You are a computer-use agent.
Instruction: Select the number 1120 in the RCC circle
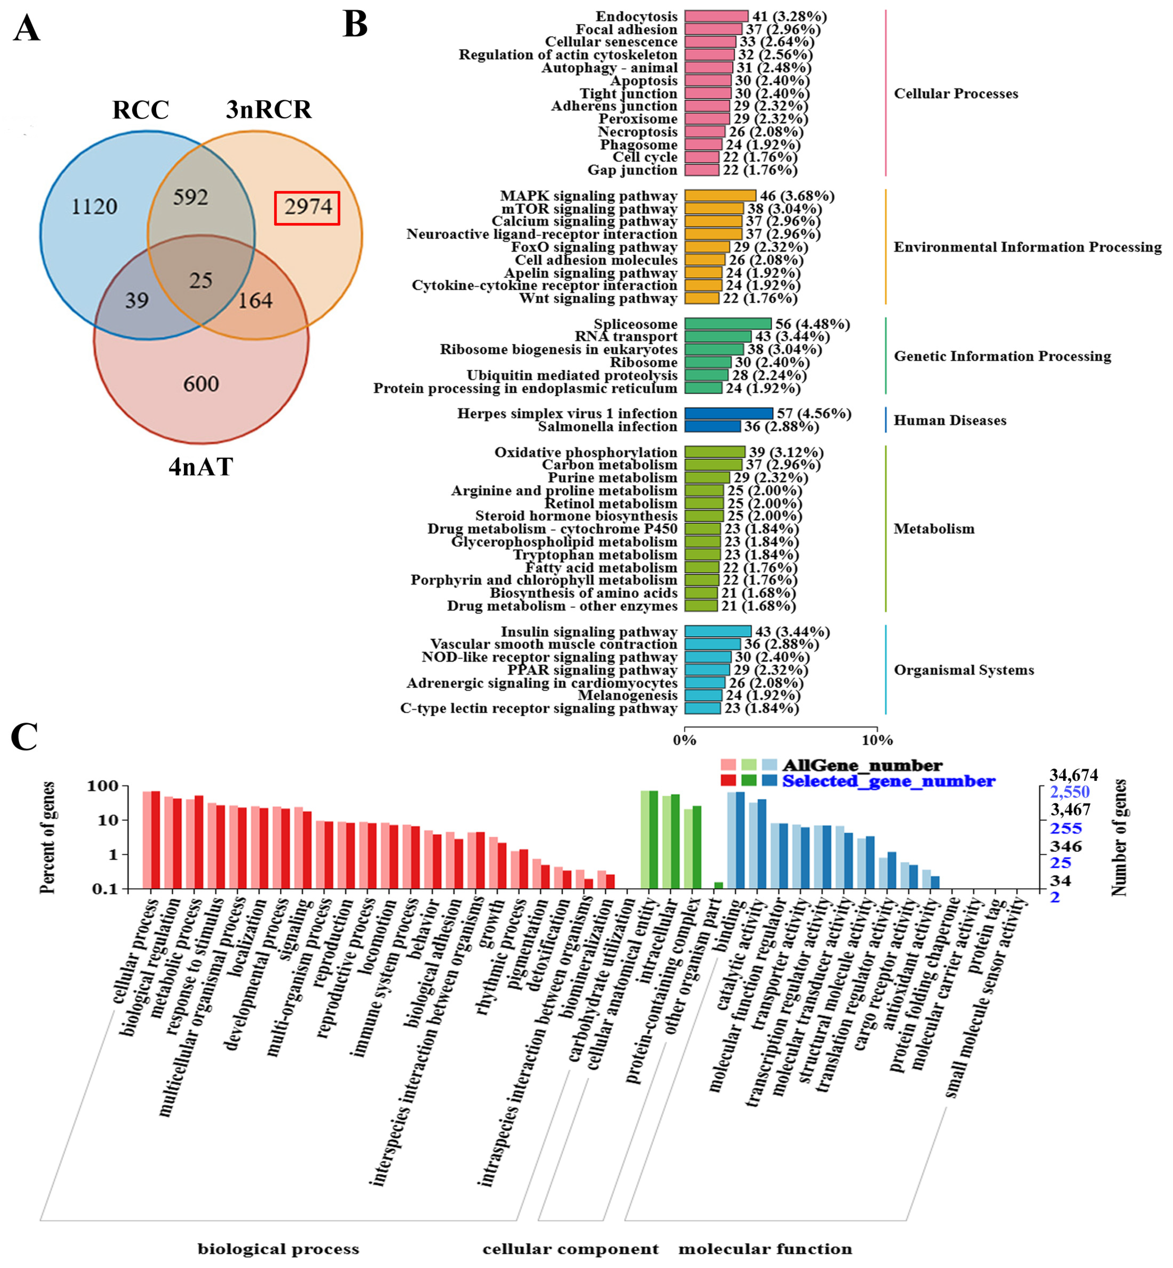[94, 207]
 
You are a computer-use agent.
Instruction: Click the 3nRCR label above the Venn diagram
[268, 110]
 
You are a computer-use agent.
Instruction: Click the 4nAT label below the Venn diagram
[200, 467]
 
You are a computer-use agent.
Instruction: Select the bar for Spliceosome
[727, 324]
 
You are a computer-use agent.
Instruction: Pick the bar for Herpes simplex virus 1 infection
[728, 413]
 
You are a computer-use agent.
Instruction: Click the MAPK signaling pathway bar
[720, 195]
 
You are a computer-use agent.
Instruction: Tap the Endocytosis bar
[716, 16]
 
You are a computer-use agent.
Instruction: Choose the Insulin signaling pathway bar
[717, 631]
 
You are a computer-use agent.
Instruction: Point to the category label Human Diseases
[950, 420]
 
